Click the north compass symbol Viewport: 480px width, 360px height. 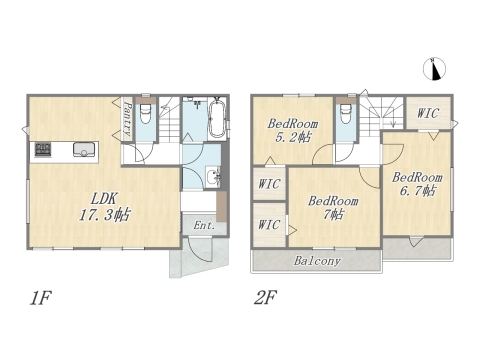(x=435, y=68)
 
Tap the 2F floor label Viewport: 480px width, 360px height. (x=266, y=297)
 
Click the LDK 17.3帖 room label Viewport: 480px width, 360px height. (x=101, y=205)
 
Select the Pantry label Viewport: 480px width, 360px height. (x=128, y=121)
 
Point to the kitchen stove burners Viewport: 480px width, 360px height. (x=44, y=151)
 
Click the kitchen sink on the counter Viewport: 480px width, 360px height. (x=82, y=151)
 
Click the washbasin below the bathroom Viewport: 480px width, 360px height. (x=212, y=179)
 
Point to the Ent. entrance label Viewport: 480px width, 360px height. (x=204, y=226)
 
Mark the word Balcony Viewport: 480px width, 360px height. (x=317, y=261)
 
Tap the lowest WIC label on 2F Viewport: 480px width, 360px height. (x=268, y=224)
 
